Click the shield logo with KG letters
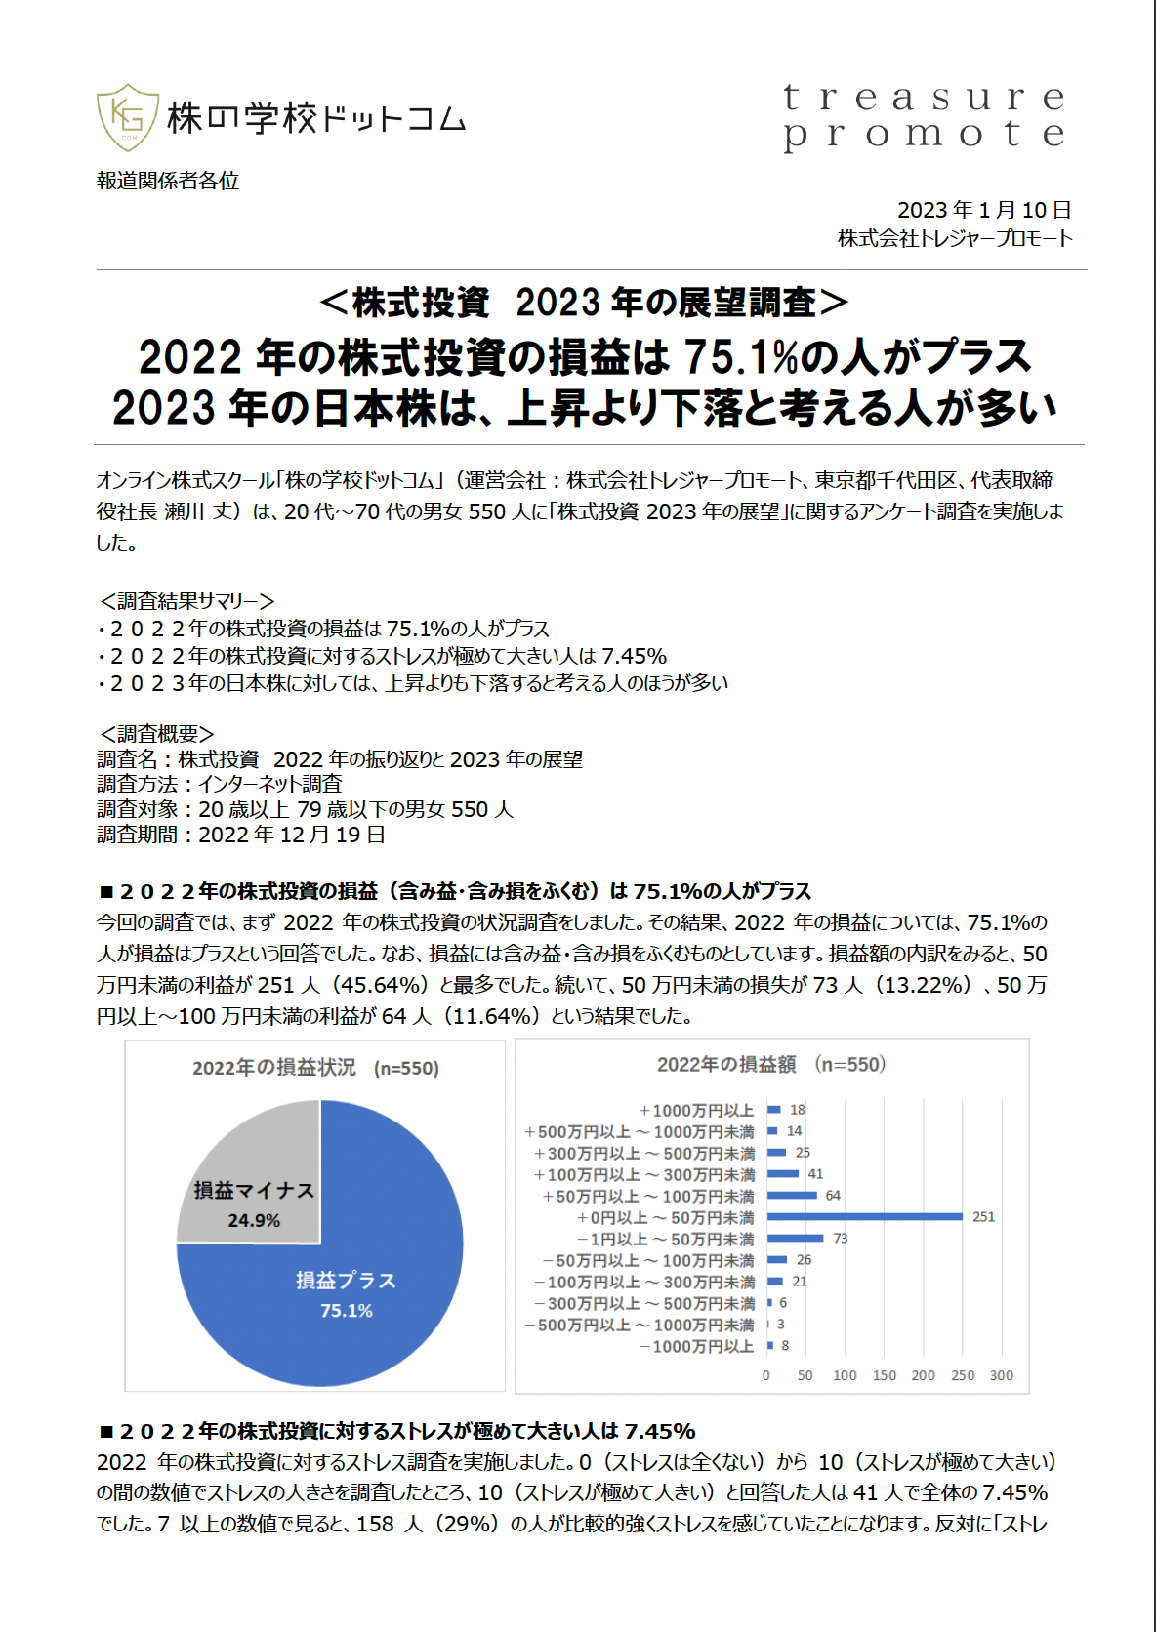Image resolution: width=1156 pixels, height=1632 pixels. coord(128,117)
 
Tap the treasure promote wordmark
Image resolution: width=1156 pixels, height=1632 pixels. coord(924,116)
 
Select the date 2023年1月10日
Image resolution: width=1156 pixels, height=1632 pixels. coord(984,210)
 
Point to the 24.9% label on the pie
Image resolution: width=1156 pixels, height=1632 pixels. coord(254,1221)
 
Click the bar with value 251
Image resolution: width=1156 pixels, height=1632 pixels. coord(865,1216)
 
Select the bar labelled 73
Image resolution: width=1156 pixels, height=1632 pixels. coord(796,1238)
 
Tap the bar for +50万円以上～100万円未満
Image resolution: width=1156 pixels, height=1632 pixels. coord(792,1195)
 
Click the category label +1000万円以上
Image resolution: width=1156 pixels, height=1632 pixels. coord(696,1111)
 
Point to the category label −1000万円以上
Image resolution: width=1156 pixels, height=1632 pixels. coord(696,1347)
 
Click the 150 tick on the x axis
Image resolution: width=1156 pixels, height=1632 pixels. coord(885,1375)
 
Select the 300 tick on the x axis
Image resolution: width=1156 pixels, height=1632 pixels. coord(1002,1375)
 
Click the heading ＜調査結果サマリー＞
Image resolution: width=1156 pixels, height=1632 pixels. coord(186,601)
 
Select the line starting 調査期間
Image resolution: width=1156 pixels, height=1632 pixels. coord(241,835)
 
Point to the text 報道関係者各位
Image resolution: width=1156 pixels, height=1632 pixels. coord(168,181)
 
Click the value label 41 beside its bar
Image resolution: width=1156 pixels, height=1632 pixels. coord(816,1174)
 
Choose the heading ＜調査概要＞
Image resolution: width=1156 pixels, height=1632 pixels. coord(156,733)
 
